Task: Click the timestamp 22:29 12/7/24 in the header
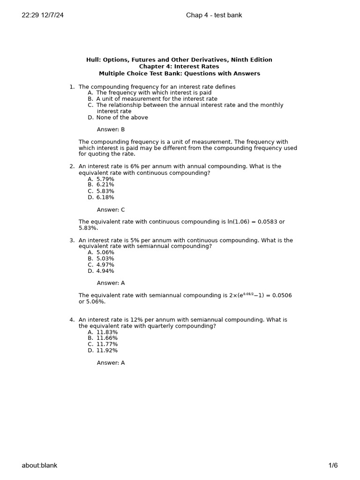tap(43, 15)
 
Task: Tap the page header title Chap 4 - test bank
tap(214, 15)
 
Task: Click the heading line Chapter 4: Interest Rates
tap(179, 67)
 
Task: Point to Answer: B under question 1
tap(111, 129)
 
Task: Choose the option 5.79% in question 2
tap(105, 179)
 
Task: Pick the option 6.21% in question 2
tap(105, 185)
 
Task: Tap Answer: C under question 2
tap(111, 210)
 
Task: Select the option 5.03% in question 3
tap(105, 258)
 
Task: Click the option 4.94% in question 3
tap(105, 271)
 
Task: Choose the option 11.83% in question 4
tap(107, 332)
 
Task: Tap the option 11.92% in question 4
tap(107, 350)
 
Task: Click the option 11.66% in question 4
tap(107, 338)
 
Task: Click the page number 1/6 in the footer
tap(333, 465)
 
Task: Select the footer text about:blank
tap(39, 465)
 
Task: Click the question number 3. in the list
tap(72, 240)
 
